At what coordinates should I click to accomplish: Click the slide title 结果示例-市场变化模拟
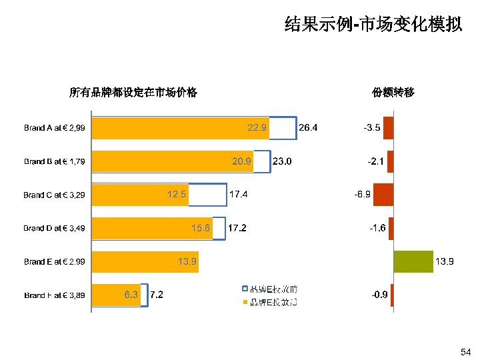[x=373, y=25]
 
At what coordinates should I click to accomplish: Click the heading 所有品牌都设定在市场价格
[x=133, y=93]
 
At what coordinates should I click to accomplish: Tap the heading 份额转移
[x=393, y=93]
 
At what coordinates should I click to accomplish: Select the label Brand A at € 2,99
[x=54, y=127]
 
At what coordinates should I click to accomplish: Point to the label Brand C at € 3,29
[x=54, y=195]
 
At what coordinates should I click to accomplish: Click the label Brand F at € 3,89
[x=54, y=295]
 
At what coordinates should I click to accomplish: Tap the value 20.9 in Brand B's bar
[x=241, y=161]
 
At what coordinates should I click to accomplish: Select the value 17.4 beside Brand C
[x=239, y=195]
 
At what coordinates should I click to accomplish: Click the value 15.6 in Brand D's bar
[x=201, y=228]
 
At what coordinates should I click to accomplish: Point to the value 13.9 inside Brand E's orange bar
[x=187, y=261]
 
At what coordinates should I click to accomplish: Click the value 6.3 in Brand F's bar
[x=131, y=295]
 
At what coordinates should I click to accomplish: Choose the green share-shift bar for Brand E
[x=413, y=261]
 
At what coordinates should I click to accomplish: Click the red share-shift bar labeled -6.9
[x=383, y=195]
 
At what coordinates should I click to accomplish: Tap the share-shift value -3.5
[x=371, y=127]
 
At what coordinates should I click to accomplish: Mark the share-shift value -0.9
[x=380, y=295]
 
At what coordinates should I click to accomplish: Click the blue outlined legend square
[x=245, y=289]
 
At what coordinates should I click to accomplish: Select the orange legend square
[x=245, y=302]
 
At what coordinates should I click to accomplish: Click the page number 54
[x=465, y=351]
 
